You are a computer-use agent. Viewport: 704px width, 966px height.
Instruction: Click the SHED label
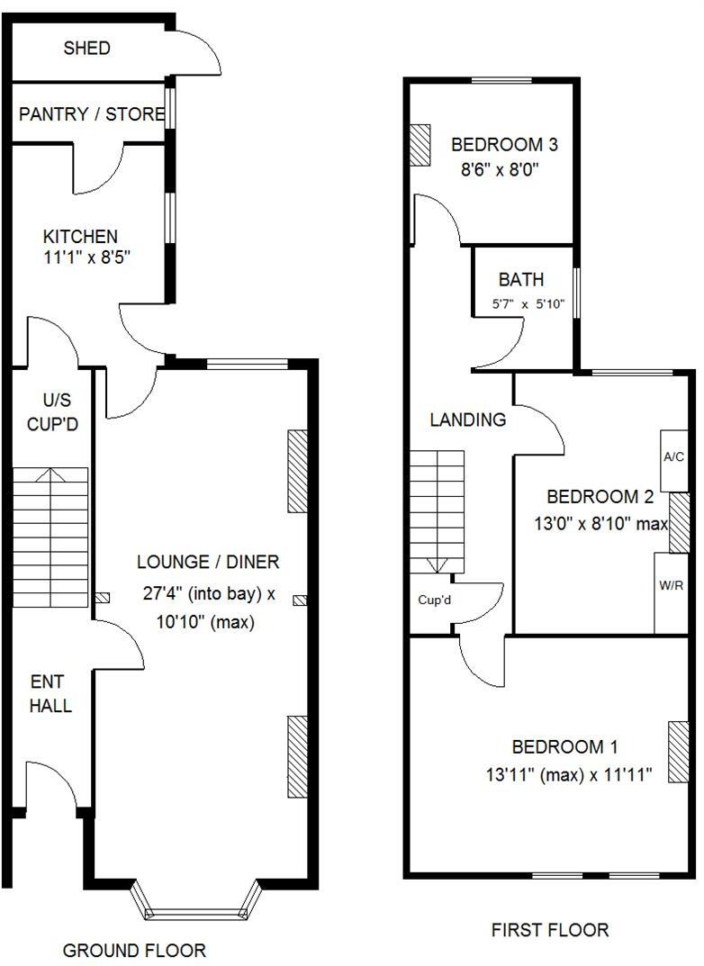point(86,49)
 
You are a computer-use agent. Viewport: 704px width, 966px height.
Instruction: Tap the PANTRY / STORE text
point(92,114)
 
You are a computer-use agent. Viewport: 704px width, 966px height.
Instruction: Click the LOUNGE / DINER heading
point(208,562)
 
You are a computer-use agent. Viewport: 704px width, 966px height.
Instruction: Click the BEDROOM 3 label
point(505,144)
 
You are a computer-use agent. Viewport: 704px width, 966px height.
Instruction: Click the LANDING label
point(467,420)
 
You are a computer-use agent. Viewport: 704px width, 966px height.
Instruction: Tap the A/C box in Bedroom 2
point(673,457)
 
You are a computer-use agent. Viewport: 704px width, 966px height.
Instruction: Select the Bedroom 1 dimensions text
point(569,773)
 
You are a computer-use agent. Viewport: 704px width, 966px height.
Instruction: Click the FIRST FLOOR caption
point(549,930)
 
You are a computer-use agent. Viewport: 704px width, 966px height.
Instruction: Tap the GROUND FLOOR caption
point(134,951)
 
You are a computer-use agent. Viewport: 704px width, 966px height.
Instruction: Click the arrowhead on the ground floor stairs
point(50,474)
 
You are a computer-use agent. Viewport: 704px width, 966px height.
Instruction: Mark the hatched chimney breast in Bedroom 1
point(676,752)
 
